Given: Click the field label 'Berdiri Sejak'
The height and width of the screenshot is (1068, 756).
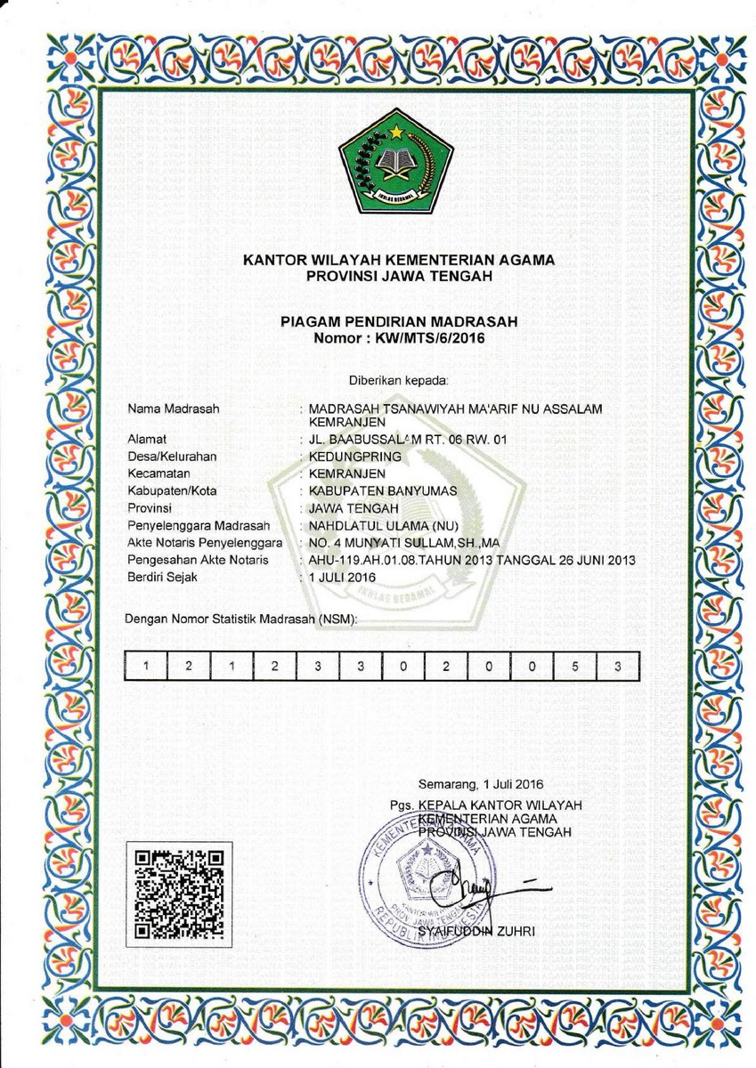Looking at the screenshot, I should click(x=162, y=577).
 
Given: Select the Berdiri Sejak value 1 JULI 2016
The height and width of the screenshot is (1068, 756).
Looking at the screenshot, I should click(x=342, y=577).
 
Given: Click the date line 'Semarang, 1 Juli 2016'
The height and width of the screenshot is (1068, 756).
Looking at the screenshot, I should click(x=480, y=784).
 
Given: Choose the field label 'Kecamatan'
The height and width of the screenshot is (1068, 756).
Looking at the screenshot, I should click(x=159, y=473).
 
